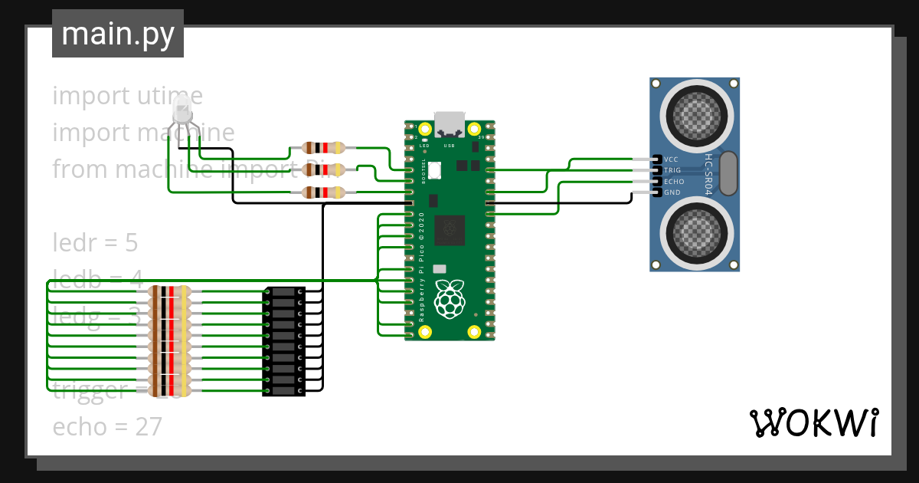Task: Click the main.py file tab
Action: click(117, 34)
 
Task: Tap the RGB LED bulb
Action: click(182, 109)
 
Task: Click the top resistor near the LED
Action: click(325, 148)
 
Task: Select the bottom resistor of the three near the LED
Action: click(325, 192)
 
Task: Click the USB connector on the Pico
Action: click(450, 123)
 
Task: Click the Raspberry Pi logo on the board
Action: click(450, 299)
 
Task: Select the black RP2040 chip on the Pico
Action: click(450, 231)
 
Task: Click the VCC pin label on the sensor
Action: click(672, 159)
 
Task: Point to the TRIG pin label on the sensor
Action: click(672, 170)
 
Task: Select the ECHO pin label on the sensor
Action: click(673, 182)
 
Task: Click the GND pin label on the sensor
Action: click(672, 192)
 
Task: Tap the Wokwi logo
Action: click(813, 422)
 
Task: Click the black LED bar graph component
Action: click(284, 341)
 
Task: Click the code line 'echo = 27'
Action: click(107, 427)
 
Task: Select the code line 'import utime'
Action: click(127, 97)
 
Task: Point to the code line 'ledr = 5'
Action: click(95, 243)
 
